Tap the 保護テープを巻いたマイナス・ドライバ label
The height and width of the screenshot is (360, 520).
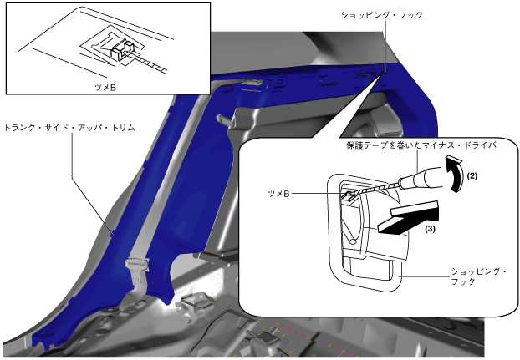421,145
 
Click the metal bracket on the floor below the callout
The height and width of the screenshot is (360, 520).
267,336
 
